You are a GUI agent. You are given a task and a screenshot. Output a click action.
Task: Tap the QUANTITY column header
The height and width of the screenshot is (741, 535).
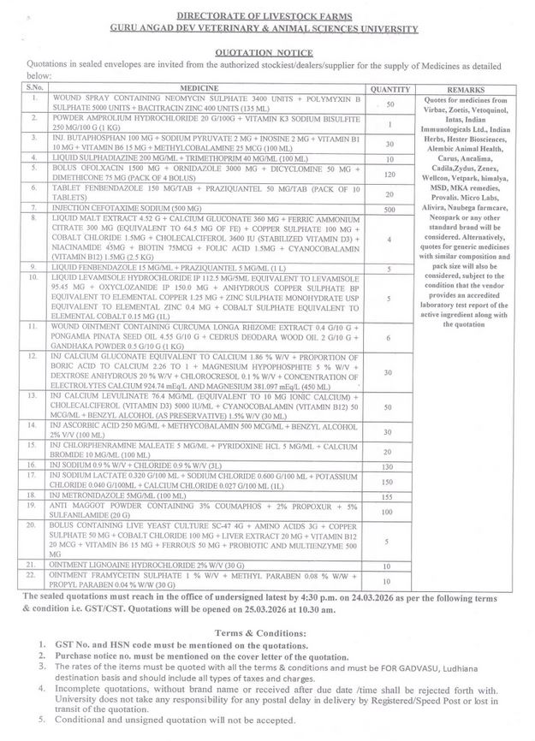click(389, 88)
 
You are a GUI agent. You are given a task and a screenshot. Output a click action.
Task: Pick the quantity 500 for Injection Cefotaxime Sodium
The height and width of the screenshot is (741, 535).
click(389, 208)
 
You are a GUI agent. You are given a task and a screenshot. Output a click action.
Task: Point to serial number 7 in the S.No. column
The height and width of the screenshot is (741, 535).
click(33, 208)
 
